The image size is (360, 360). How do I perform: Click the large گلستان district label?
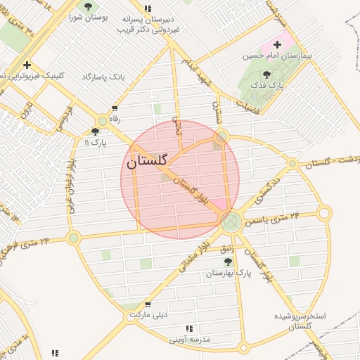tap(149, 161)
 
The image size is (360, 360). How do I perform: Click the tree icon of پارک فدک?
tap(266, 75)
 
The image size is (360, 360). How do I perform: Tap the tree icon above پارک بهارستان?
tap(226, 262)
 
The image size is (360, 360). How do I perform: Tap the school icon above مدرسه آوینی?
tap(188, 328)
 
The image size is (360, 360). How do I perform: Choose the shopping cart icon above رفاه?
tap(114, 109)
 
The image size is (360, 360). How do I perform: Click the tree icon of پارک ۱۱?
tap(96, 131)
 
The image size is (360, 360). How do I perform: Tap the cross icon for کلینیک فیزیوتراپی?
tap(27, 65)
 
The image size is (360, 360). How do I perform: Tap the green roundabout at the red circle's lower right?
tap(230, 221)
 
